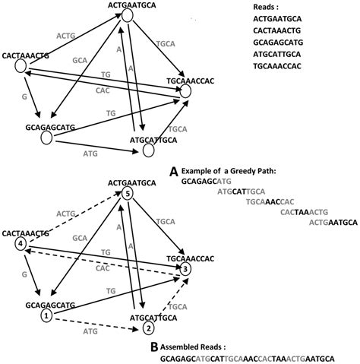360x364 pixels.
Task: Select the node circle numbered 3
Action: click(x=185, y=269)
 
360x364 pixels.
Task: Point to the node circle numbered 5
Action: click(x=128, y=195)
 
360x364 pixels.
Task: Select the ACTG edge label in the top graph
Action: click(x=67, y=36)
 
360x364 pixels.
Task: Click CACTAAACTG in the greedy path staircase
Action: click(x=303, y=212)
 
